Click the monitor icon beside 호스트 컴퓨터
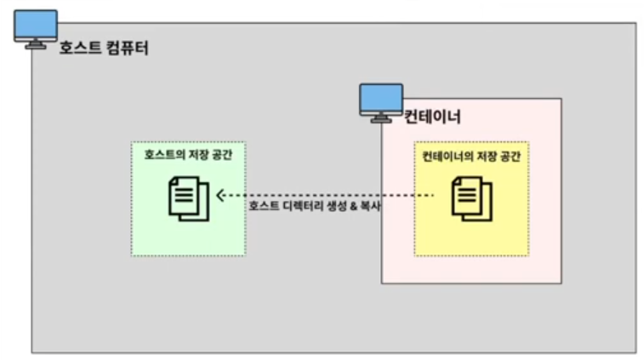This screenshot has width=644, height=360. [36, 28]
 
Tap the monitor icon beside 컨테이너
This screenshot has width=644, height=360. [380, 102]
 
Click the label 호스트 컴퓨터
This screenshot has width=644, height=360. [104, 48]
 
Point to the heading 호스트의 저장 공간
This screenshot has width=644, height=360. [187, 155]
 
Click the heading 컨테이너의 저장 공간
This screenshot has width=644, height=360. [470, 156]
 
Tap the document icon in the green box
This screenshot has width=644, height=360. [188, 197]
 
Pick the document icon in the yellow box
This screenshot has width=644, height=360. [471, 197]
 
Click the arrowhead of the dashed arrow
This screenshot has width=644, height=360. [220, 195]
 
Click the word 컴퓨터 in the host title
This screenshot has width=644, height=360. [127, 48]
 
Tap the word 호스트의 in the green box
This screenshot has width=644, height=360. [161, 155]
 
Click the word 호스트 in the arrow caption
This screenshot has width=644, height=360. [263, 207]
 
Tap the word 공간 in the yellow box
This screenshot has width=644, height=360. [508, 156]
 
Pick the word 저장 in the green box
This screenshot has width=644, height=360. [194, 155]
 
